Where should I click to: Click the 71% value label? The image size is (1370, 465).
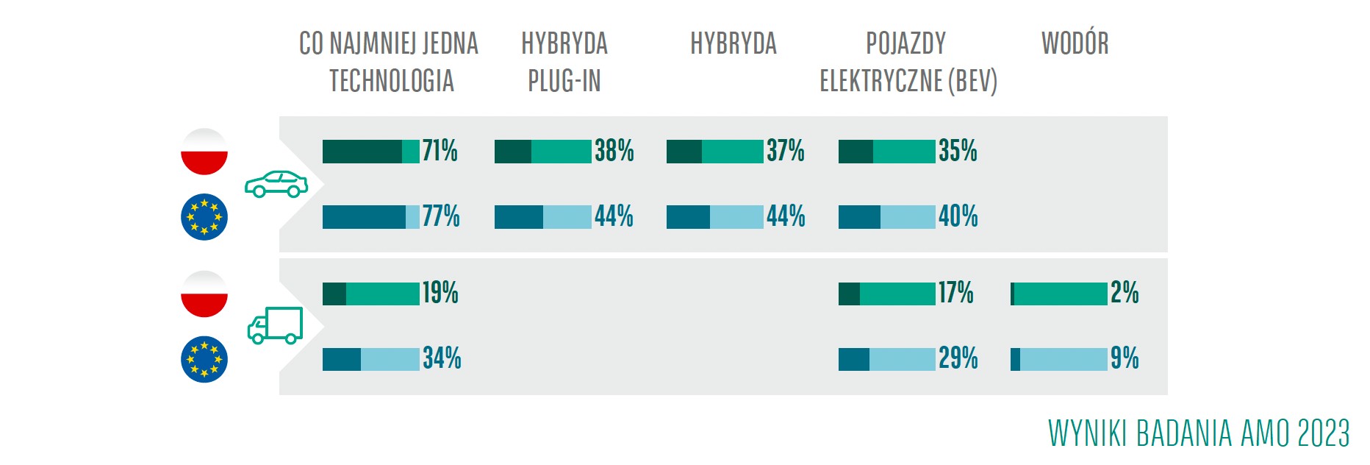point(440,151)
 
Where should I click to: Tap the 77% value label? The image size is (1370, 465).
point(441,216)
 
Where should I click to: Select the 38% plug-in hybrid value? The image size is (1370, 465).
point(614,151)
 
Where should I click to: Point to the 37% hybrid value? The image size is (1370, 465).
point(786,151)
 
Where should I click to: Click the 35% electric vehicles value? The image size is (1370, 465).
point(958,151)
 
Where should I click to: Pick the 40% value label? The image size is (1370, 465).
point(958,216)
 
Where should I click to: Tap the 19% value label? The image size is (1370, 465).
point(440,293)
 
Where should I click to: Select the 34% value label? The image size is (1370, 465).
point(442,358)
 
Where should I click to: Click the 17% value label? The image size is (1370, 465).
point(955,293)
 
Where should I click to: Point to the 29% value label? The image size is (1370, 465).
point(958,358)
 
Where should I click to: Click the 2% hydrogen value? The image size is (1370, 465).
point(1125,293)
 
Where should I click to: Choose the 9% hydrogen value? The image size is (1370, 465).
point(1125,358)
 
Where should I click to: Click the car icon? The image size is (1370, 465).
point(276,184)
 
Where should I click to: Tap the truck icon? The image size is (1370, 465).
point(275,326)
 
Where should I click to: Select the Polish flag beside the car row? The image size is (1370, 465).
point(204,152)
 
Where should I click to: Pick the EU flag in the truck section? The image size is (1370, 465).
point(204,360)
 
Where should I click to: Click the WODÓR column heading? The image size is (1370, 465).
point(1075,43)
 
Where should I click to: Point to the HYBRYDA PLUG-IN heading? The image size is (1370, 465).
point(564,62)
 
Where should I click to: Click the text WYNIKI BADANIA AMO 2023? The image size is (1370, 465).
point(1199,433)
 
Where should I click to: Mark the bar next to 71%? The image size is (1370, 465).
point(370,152)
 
